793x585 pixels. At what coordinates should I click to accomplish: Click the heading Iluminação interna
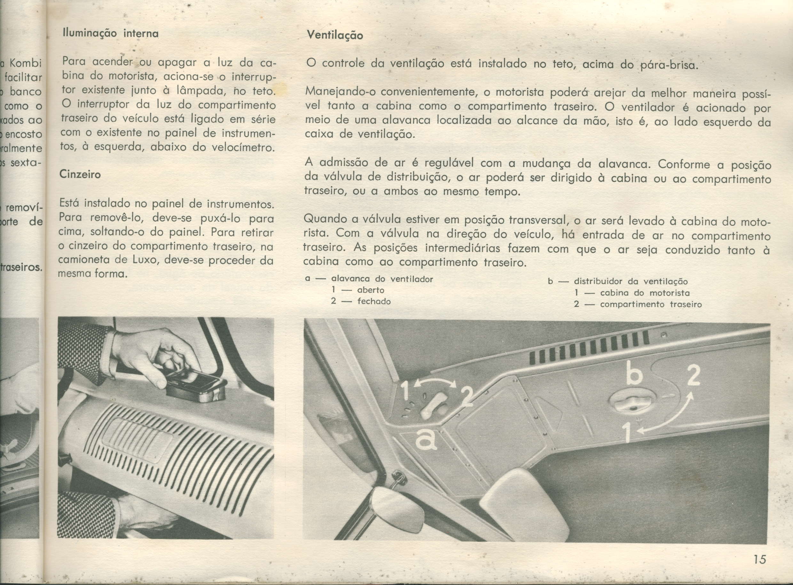110,34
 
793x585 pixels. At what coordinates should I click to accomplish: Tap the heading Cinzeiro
80,174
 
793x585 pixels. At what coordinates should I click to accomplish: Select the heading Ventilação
335,35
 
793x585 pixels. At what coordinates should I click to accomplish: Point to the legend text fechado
374,301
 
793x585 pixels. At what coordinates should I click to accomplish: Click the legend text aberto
371,290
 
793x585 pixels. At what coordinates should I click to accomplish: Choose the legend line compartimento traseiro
651,304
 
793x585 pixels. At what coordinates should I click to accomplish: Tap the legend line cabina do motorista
645,293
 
